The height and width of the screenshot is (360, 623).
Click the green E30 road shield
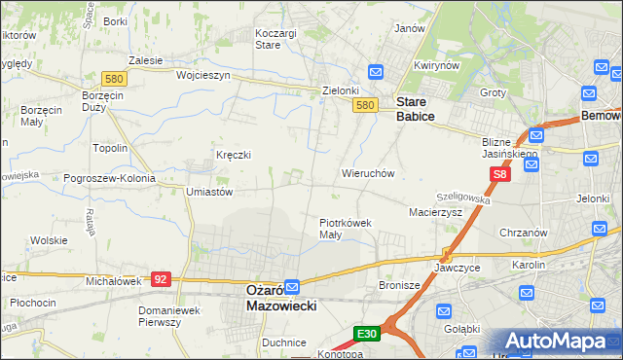pyautogui.click(x=366, y=334)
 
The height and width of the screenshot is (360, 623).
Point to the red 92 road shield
pyautogui.click(x=162, y=278)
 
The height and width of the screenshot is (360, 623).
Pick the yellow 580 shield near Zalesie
pyautogui.click(x=115, y=78)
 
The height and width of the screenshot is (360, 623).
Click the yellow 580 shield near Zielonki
pyautogui.click(x=365, y=105)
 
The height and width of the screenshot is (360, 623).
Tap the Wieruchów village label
pyautogui.click(x=367, y=173)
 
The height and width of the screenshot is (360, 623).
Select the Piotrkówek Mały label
pyautogui.click(x=346, y=229)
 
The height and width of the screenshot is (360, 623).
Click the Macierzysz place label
pyautogui.click(x=435, y=211)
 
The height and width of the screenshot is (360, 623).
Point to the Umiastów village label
pyautogui.click(x=208, y=193)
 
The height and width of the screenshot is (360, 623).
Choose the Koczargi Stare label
pyautogui.click(x=275, y=38)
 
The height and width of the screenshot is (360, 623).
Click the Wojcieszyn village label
pyautogui.click(x=202, y=75)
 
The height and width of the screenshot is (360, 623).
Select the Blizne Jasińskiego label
pyautogui.click(x=510, y=147)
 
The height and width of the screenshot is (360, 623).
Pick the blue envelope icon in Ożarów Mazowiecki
pyautogui.click(x=292, y=288)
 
